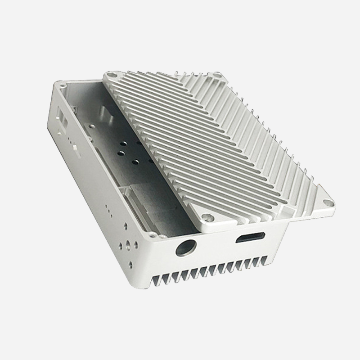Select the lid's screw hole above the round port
point(206,218)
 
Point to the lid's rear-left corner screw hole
point(110,77)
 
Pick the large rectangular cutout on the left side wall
point(61,119)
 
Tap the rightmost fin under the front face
point(269,259)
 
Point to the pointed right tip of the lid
point(336,204)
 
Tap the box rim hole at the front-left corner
point(153,235)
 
